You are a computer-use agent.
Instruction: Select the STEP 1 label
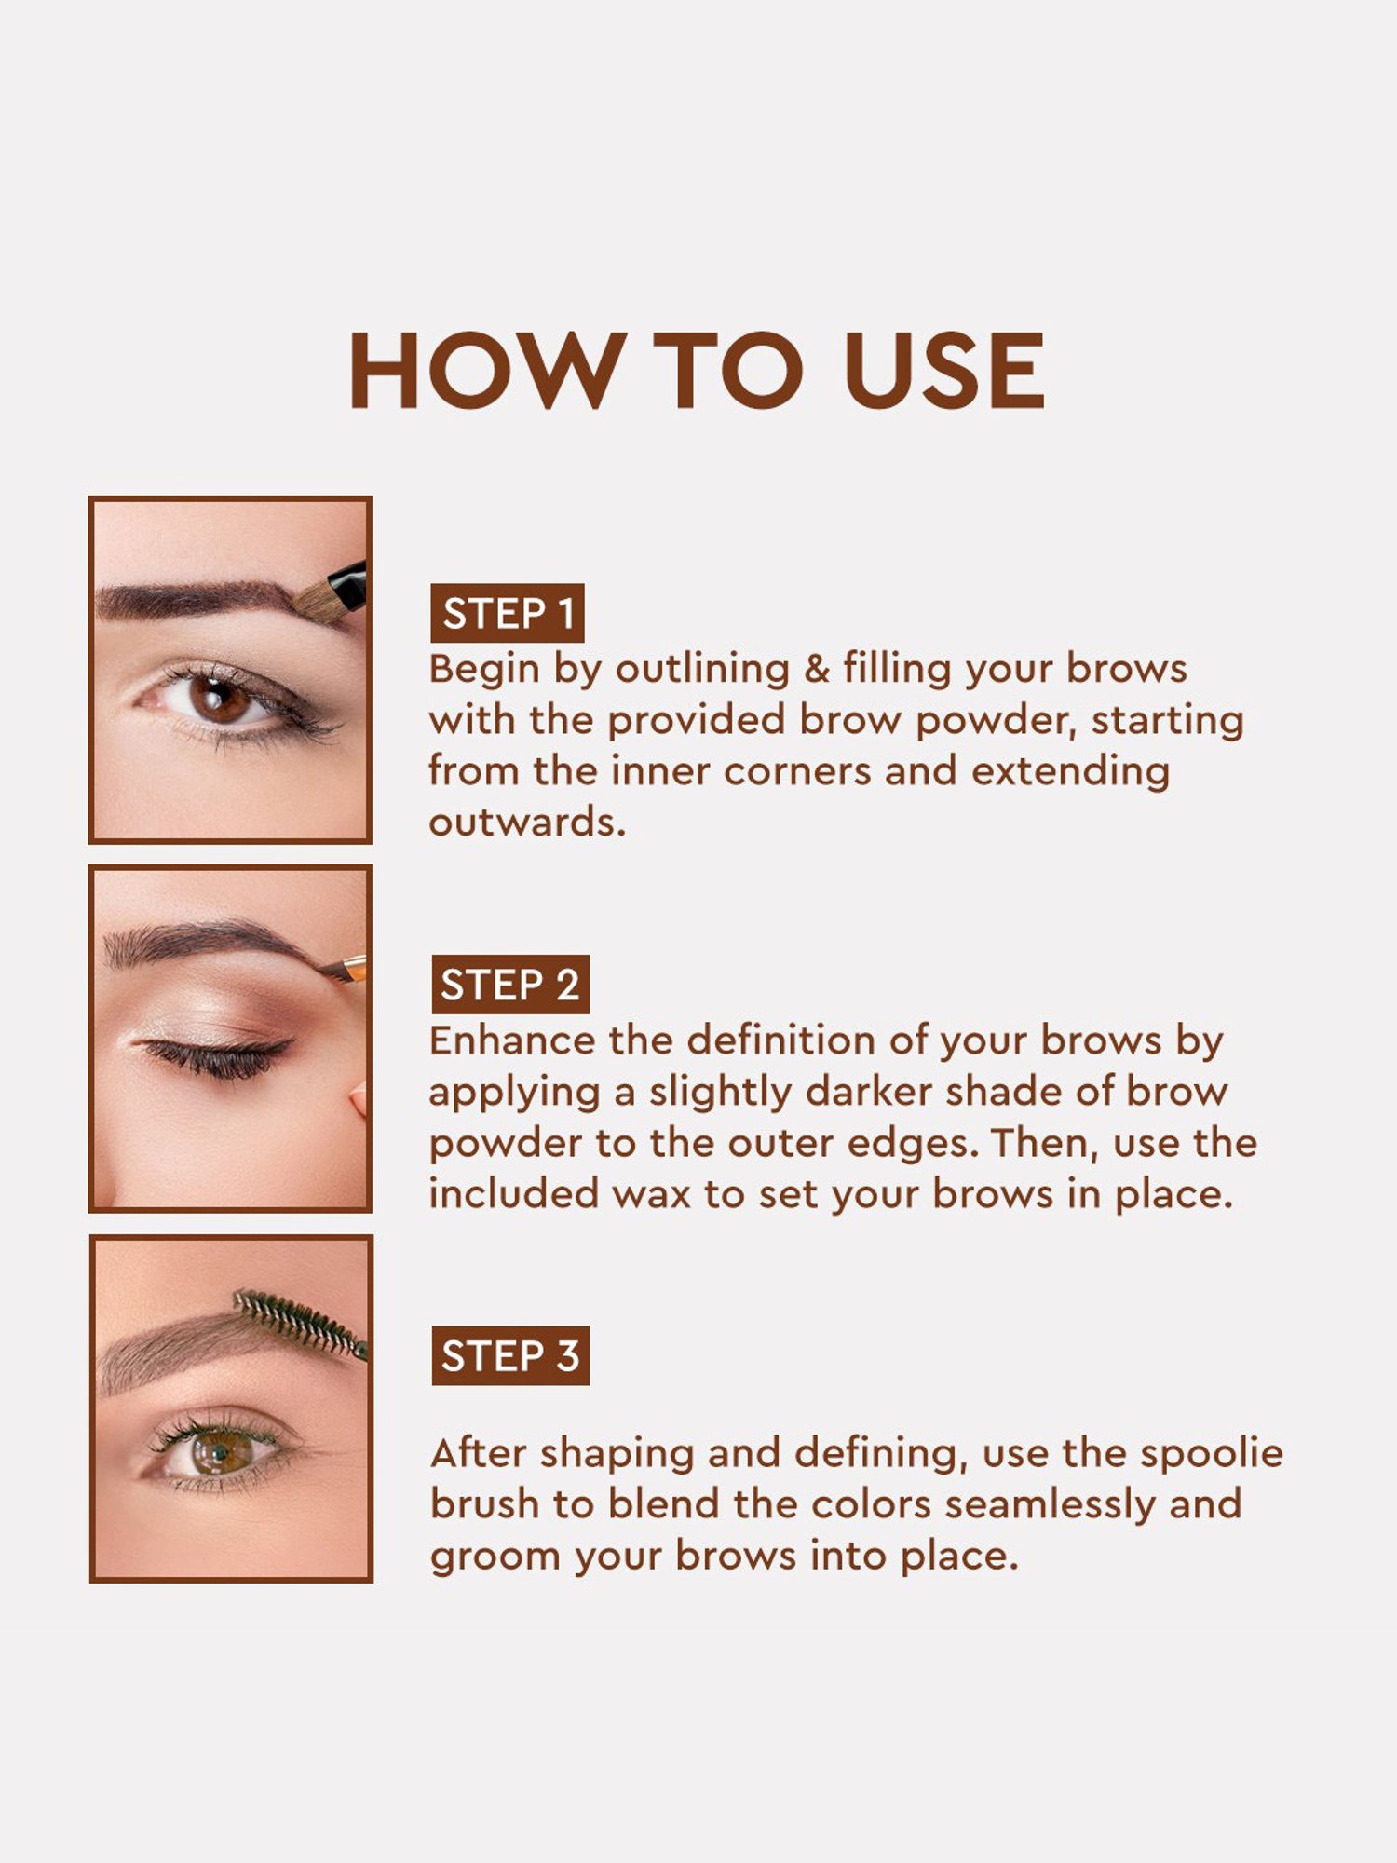pyautogui.click(x=508, y=614)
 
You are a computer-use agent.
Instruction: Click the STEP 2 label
pyautogui.click(x=509, y=985)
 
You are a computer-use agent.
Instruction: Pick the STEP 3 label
pyautogui.click(x=510, y=1355)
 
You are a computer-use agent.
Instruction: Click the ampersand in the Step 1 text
pyautogui.click(x=816, y=669)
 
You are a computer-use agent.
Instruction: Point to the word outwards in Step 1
pyautogui.click(x=526, y=823)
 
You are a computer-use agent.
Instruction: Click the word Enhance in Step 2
pyautogui.click(x=512, y=1040)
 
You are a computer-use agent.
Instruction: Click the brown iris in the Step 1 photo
pyautogui.click(x=218, y=699)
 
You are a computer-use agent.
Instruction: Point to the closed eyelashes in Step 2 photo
pyautogui.click(x=219, y=1057)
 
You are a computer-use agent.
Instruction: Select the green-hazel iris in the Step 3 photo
pyautogui.click(x=220, y=1451)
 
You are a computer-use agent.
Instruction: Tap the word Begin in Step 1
pyautogui.click(x=483, y=670)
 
